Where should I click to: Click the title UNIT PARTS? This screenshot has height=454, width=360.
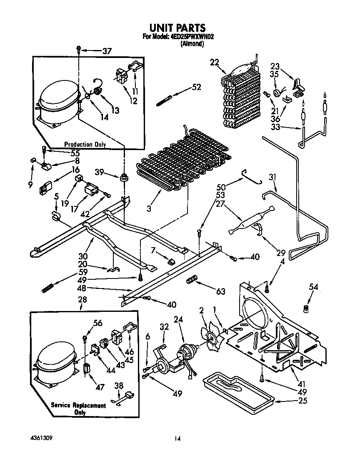[177, 28]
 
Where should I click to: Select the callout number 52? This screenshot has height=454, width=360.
[196, 87]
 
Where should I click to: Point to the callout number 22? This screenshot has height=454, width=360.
[214, 63]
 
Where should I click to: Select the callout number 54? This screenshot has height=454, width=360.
[313, 287]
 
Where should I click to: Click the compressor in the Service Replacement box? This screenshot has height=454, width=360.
[55, 363]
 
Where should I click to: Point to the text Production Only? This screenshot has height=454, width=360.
[85, 144]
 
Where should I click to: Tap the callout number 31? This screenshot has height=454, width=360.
[272, 177]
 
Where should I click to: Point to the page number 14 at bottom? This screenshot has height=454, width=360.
[177, 439]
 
